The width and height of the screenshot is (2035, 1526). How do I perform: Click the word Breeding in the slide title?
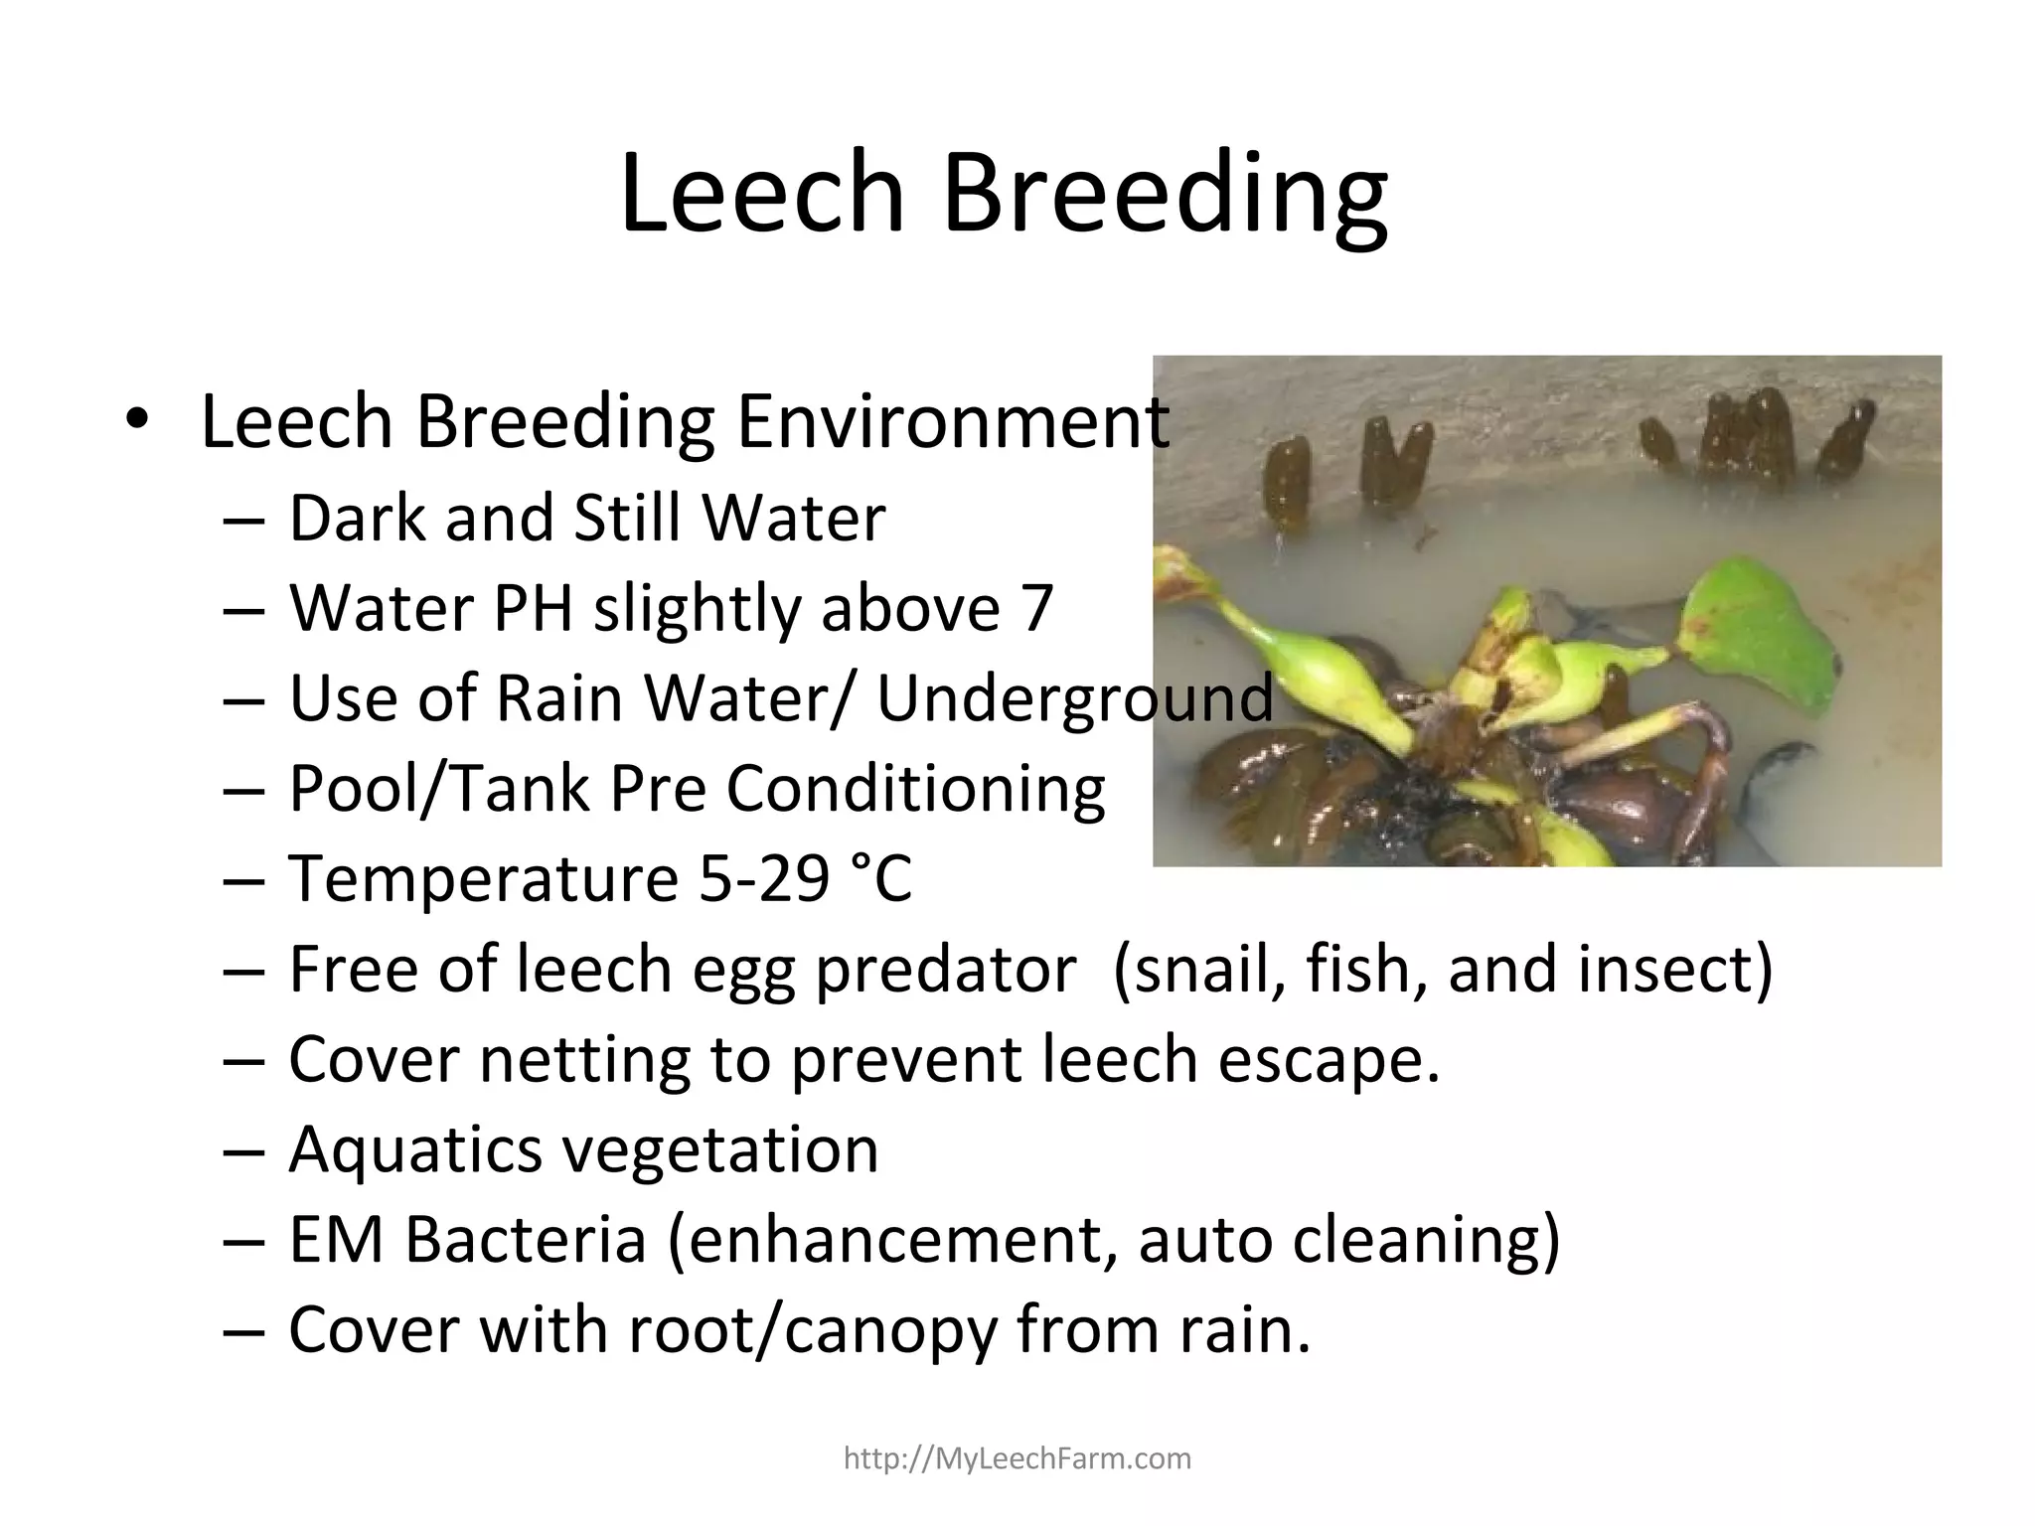click(1164, 194)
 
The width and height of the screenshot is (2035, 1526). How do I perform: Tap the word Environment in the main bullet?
click(953, 422)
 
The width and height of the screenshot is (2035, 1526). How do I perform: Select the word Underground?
click(1074, 697)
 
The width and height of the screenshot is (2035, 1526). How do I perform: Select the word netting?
click(585, 1059)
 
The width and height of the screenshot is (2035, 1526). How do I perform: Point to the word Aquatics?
click(415, 1149)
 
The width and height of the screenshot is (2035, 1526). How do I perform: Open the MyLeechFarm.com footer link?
click(1017, 1458)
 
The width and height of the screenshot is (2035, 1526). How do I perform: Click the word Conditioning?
click(915, 789)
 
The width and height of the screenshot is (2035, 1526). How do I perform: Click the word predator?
click(945, 969)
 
